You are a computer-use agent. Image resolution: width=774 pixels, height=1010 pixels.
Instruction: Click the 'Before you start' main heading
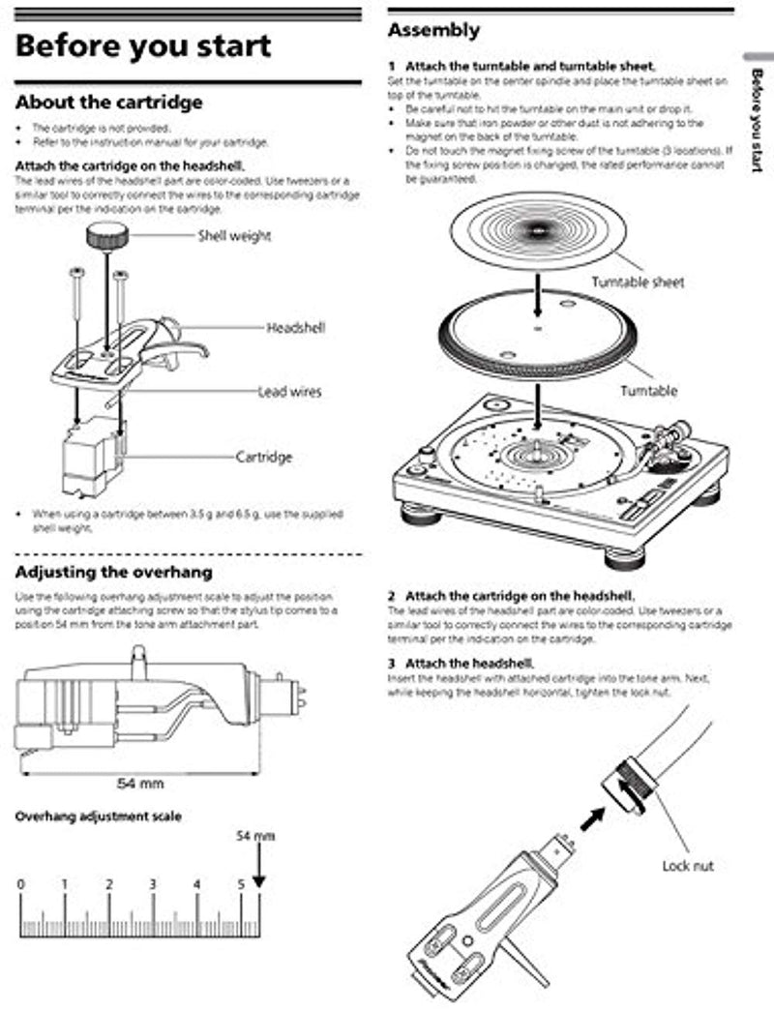(x=143, y=46)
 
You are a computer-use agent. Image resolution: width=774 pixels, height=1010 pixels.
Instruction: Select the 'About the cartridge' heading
(x=109, y=102)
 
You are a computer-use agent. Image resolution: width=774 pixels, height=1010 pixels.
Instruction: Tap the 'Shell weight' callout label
(x=234, y=235)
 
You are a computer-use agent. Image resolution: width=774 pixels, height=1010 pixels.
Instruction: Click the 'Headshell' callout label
(x=296, y=328)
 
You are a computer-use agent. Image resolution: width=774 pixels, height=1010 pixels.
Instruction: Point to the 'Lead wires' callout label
(x=289, y=392)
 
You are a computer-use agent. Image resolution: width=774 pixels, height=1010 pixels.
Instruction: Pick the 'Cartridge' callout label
(x=264, y=457)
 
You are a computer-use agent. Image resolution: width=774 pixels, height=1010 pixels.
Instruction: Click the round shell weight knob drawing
(x=107, y=233)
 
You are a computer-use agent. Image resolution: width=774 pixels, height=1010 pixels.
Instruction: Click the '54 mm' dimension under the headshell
(x=139, y=782)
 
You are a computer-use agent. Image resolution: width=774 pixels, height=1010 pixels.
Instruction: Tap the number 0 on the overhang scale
(x=21, y=884)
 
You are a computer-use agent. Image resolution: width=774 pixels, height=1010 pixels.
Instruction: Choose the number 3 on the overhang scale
(x=153, y=884)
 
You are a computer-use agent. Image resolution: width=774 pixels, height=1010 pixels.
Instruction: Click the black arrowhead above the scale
(x=258, y=880)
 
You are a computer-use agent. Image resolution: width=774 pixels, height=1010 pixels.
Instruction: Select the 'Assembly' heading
(x=433, y=30)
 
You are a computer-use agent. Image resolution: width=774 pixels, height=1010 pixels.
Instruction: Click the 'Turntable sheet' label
(x=638, y=282)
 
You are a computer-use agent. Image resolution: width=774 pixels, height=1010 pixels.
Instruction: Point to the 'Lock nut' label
(x=688, y=865)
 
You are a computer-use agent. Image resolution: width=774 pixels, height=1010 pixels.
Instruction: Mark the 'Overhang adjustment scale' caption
(x=98, y=817)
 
